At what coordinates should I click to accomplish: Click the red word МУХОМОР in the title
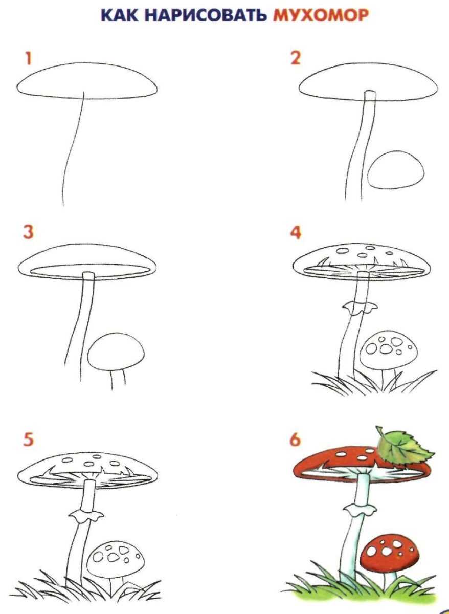[x=321, y=15]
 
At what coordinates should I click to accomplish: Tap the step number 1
[x=28, y=59]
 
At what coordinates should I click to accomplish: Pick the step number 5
[x=28, y=439]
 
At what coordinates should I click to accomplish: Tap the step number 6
[x=295, y=440]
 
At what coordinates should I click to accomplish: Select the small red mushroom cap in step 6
[x=390, y=542]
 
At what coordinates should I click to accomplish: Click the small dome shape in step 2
[x=395, y=170]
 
